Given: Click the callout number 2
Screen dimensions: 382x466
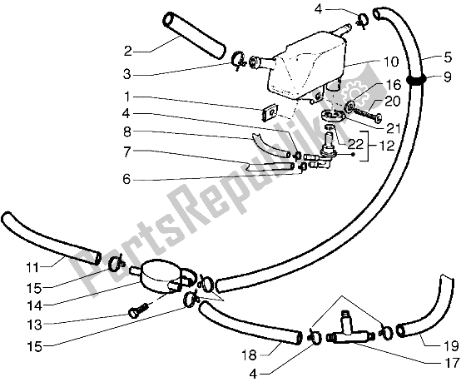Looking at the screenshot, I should tap(127, 48).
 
